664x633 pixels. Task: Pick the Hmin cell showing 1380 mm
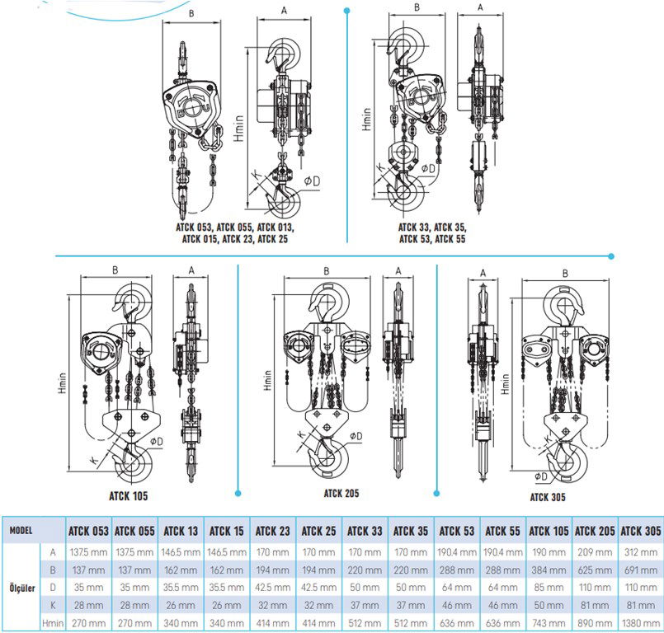coord(640,624)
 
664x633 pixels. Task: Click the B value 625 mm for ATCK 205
coord(594,570)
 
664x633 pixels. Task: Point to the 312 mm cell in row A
coord(640,551)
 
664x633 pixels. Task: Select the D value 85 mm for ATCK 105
coord(549,588)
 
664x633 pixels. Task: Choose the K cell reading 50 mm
coord(549,606)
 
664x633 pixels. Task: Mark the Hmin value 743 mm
coord(549,624)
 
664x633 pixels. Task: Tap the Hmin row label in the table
coord(53,624)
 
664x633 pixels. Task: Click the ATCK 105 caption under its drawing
coord(128,496)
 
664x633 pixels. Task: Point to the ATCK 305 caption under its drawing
coord(550,496)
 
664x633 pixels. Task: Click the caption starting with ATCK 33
coord(431,232)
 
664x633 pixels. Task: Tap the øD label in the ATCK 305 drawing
coord(541,476)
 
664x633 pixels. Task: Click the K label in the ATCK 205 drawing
coord(302,434)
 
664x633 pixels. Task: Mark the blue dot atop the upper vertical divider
coord(346,10)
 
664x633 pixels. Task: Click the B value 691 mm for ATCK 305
coord(640,570)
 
